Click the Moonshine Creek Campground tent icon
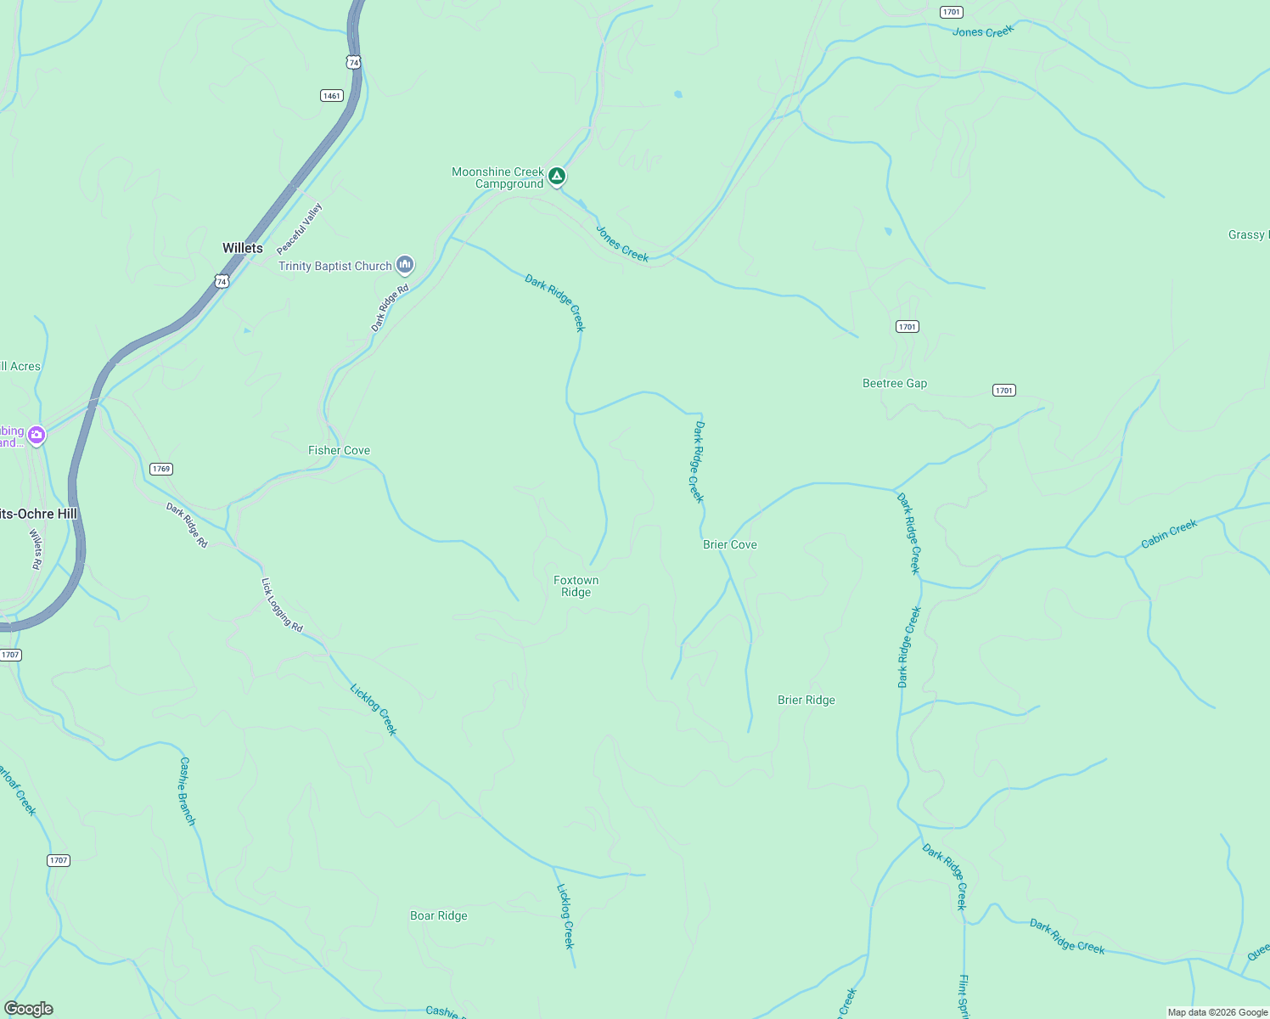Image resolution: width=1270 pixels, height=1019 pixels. (x=557, y=176)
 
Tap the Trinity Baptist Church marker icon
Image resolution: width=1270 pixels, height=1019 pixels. (x=405, y=266)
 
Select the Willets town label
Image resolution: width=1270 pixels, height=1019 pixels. (x=243, y=248)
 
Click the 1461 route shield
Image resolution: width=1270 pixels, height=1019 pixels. (x=332, y=95)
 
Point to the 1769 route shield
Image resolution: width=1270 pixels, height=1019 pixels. (x=160, y=469)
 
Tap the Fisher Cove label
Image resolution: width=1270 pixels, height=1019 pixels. (x=339, y=450)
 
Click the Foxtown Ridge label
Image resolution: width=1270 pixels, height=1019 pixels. (x=576, y=586)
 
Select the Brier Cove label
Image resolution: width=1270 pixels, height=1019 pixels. (x=730, y=544)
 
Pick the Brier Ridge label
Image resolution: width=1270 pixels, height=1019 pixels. (x=806, y=700)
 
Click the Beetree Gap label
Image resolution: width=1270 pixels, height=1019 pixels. (x=895, y=383)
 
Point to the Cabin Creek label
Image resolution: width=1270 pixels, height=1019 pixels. (x=1169, y=533)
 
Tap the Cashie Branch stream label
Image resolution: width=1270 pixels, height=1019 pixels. (x=187, y=791)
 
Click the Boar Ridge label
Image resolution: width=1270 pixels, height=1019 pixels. (x=439, y=915)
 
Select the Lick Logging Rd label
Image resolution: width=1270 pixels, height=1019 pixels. (x=282, y=605)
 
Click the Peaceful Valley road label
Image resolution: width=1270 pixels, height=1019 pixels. (x=300, y=228)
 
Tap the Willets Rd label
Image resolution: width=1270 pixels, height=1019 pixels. (x=36, y=549)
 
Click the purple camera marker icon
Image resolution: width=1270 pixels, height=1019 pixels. (x=37, y=436)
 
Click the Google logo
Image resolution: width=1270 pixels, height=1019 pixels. (x=29, y=1009)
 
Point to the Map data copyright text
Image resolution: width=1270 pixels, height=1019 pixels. (x=1217, y=1012)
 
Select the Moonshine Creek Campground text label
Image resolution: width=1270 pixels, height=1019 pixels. (x=498, y=177)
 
